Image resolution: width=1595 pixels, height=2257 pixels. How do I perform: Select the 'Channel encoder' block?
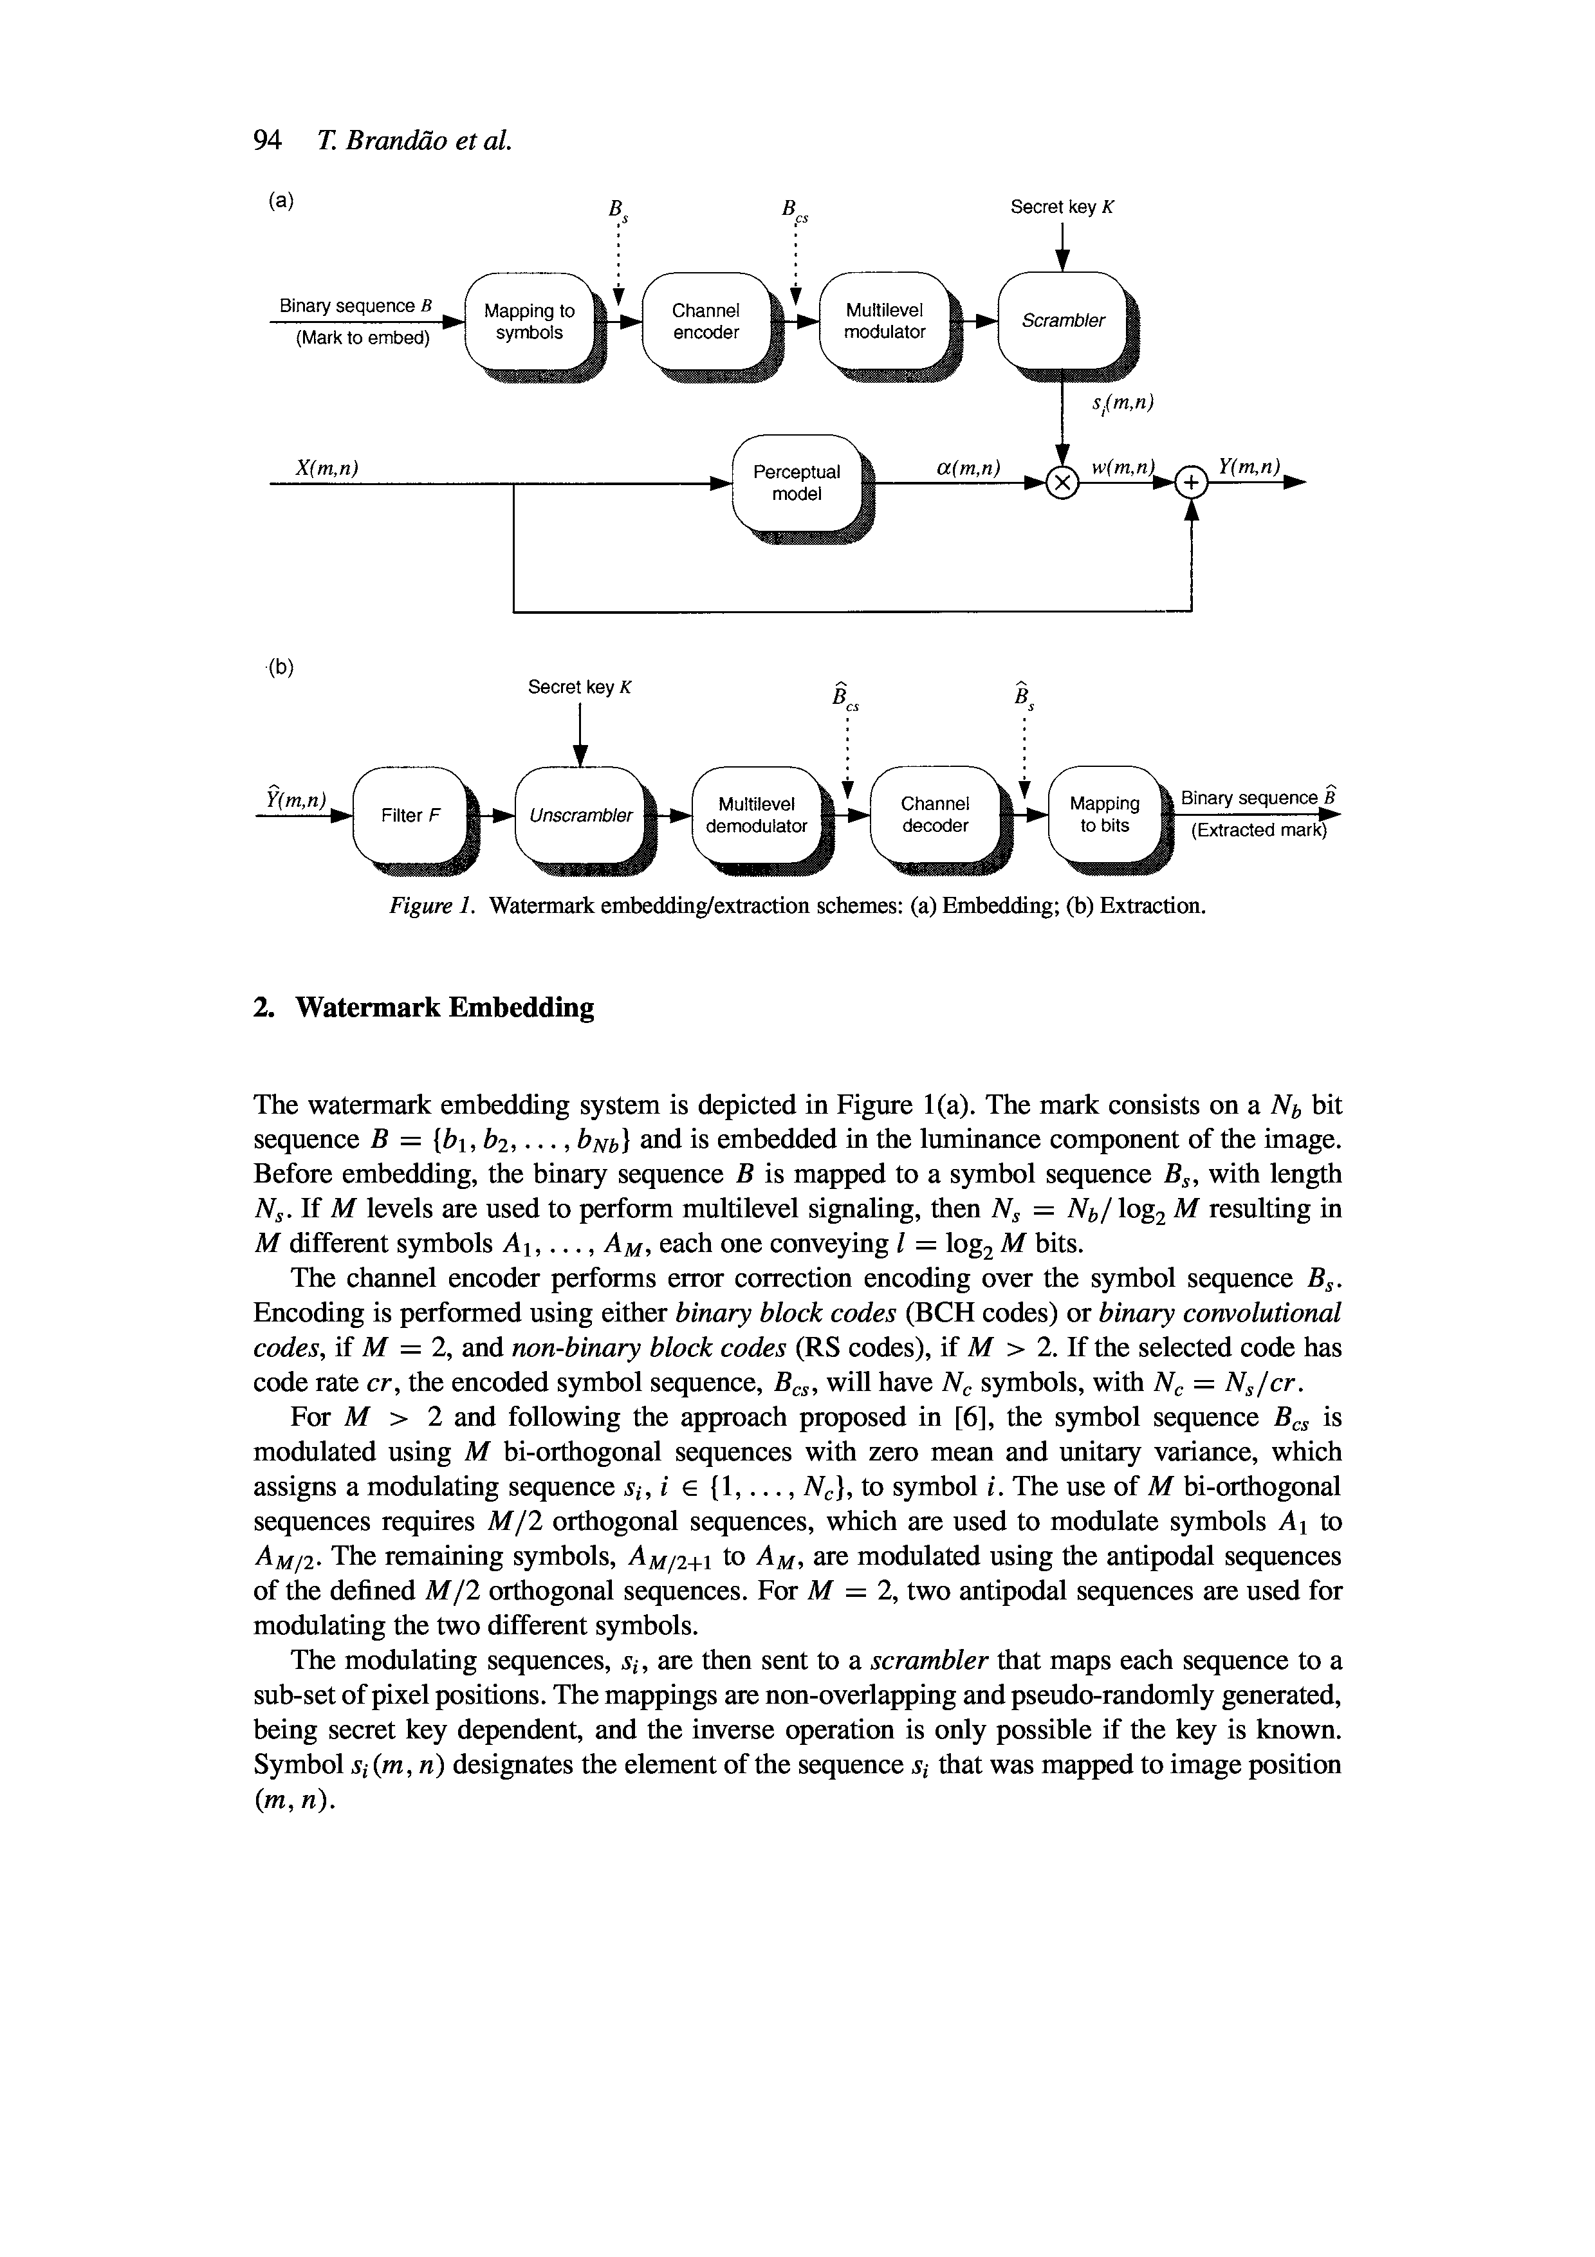(x=706, y=322)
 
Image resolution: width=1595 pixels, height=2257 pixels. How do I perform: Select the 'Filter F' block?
(x=410, y=816)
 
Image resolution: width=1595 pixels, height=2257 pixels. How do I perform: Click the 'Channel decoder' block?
(x=935, y=815)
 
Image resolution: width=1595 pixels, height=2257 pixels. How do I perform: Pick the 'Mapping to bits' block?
(x=1105, y=815)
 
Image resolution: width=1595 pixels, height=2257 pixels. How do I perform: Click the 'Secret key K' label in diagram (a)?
(x=1064, y=207)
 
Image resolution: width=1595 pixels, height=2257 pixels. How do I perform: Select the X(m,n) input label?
(x=326, y=469)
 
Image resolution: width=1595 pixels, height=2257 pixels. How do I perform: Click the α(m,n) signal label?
(x=968, y=469)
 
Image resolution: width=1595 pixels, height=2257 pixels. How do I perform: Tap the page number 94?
(x=267, y=142)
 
